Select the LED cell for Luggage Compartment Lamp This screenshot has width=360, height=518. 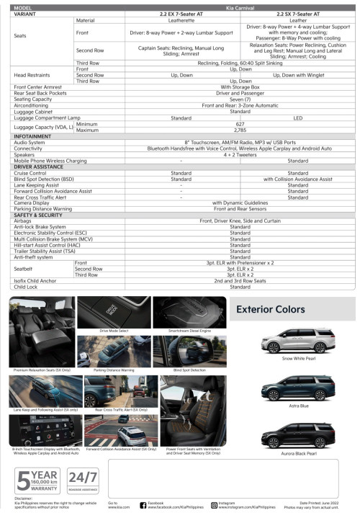point(298,117)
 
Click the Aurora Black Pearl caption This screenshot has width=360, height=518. point(298,454)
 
